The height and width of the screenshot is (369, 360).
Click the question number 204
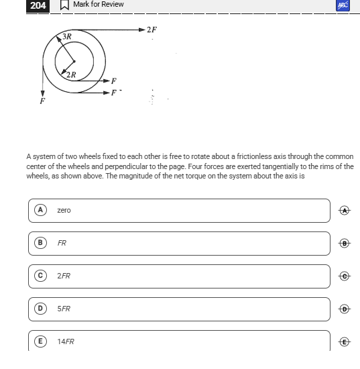pos(38,5)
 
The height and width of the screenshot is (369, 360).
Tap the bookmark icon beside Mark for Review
pos(64,5)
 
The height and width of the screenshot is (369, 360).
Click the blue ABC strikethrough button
pos(343,5)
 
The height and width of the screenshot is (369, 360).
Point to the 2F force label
pos(152,30)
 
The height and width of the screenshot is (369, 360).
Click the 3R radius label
pos(67,36)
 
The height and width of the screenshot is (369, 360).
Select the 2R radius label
pos(71,75)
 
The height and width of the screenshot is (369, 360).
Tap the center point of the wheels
pos(74,62)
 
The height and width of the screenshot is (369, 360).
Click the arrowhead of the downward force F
pos(42,94)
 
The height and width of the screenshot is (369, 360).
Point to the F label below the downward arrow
pos(42,101)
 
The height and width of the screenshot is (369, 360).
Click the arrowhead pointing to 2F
pos(142,30)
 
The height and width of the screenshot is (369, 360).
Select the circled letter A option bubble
pos(40,210)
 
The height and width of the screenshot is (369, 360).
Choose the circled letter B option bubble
pos(40,243)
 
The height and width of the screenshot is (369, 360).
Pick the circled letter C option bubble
pos(40,276)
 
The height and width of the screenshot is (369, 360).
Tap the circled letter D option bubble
pos(40,309)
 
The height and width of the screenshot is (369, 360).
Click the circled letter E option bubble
pos(40,341)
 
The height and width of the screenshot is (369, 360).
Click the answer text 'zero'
pos(64,210)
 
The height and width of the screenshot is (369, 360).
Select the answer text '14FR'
pos(66,341)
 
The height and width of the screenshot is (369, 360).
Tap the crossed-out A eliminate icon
pos(345,211)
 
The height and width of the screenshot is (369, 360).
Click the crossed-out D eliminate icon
pos(345,309)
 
